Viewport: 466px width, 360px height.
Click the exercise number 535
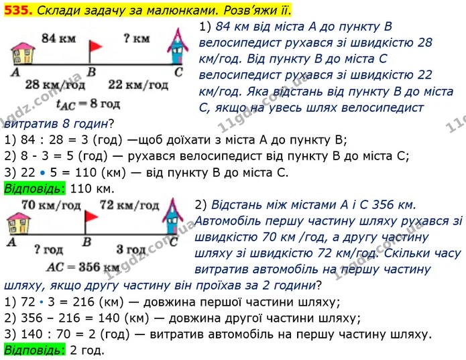pyautogui.click(x=17, y=10)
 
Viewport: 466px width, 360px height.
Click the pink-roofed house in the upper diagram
pyautogui.click(x=23, y=54)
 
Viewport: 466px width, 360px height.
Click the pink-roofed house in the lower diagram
pyautogui.click(x=19, y=223)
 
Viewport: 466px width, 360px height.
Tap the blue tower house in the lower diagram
pyautogui.click(x=173, y=217)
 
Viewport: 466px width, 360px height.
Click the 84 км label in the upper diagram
pyautogui.click(x=58, y=38)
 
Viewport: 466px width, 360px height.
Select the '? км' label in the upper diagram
pyautogui.click(x=136, y=38)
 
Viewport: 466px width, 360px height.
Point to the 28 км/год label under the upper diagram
pyautogui.click(x=55, y=84)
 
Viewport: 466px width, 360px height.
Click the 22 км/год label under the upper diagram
pyautogui.click(x=138, y=84)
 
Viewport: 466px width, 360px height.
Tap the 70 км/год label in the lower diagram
pyautogui.click(x=51, y=205)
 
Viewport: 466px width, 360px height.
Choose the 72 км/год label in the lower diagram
pyautogui.click(x=129, y=205)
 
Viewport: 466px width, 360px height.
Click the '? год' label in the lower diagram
pyautogui.click(x=48, y=249)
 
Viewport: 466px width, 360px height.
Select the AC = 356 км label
pyautogui.click(x=83, y=267)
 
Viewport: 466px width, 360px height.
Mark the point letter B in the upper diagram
pyautogui.click(x=92, y=72)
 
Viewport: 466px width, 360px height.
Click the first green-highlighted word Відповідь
pyautogui.click(x=34, y=188)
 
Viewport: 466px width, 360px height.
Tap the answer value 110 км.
pyautogui.click(x=92, y=188)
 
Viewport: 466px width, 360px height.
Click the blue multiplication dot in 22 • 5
pyautogui.click(x=42, y=172)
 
